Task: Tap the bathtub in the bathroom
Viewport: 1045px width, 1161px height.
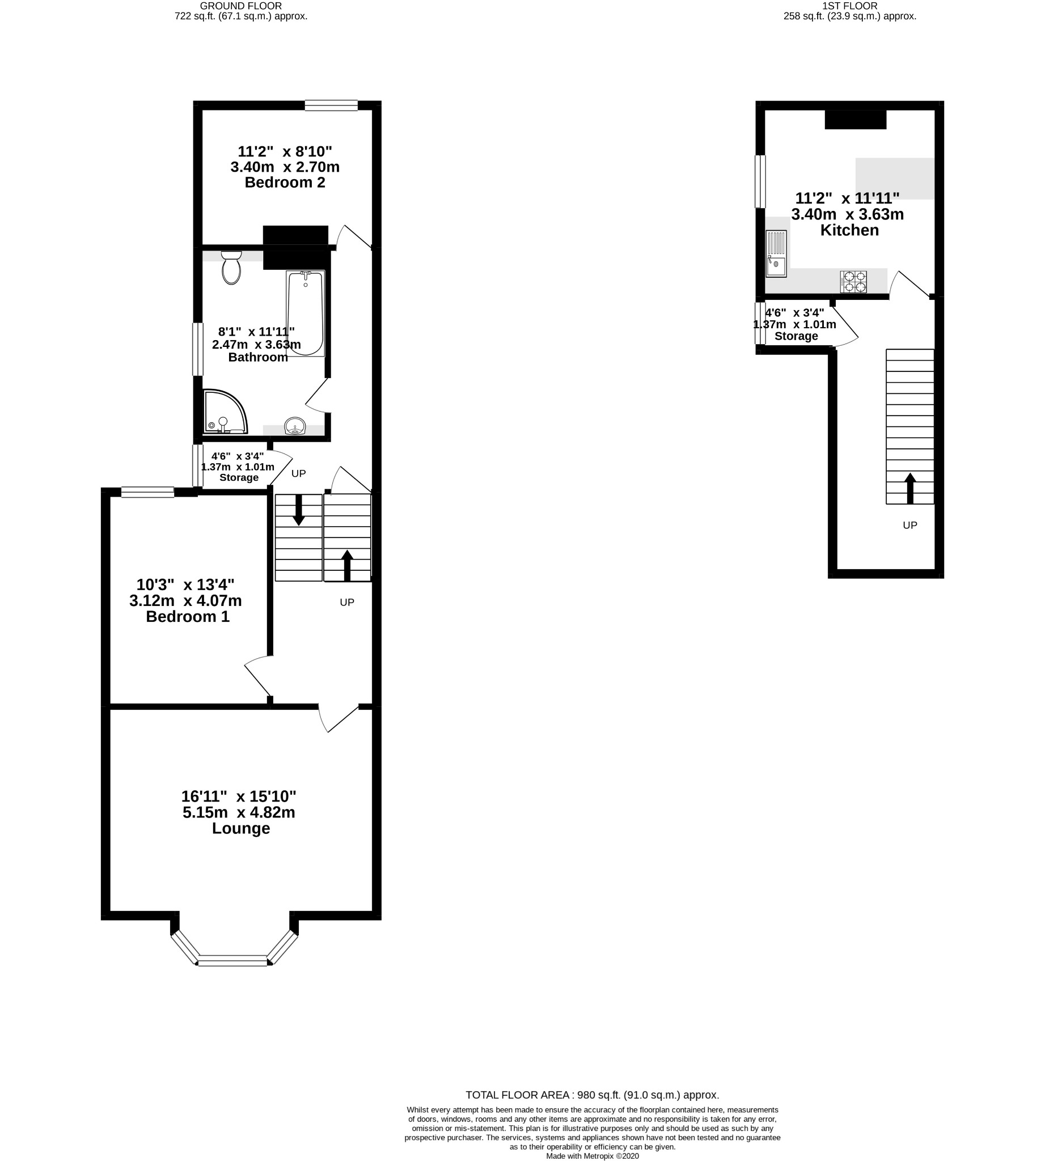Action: (306, 313)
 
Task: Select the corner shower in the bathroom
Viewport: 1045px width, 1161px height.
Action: (226, 412)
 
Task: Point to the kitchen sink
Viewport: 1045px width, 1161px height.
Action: (776, 254)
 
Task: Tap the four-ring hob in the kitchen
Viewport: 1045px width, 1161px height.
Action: (854, 281)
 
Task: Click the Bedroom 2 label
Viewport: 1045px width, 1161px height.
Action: (285, 183)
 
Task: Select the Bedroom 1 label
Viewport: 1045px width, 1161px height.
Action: (188, 617)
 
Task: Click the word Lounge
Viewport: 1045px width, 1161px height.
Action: (241, 829)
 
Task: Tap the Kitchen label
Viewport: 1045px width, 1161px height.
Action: (850, 230)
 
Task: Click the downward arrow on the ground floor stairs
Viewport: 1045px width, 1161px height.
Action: (299, 510)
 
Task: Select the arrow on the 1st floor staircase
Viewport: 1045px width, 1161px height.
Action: (910, 488)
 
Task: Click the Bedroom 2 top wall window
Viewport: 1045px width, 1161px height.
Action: (331, 105)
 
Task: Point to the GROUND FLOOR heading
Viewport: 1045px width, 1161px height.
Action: (241, 6)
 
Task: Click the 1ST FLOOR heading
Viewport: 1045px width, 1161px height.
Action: (850, 6)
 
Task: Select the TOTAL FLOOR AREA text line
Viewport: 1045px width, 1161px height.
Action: (593, 1095)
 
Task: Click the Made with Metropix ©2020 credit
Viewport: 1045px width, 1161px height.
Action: (593, 1156)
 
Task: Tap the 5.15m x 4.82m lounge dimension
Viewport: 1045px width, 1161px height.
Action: (239, 812)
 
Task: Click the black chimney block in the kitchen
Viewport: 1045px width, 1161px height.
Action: (856, 120)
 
